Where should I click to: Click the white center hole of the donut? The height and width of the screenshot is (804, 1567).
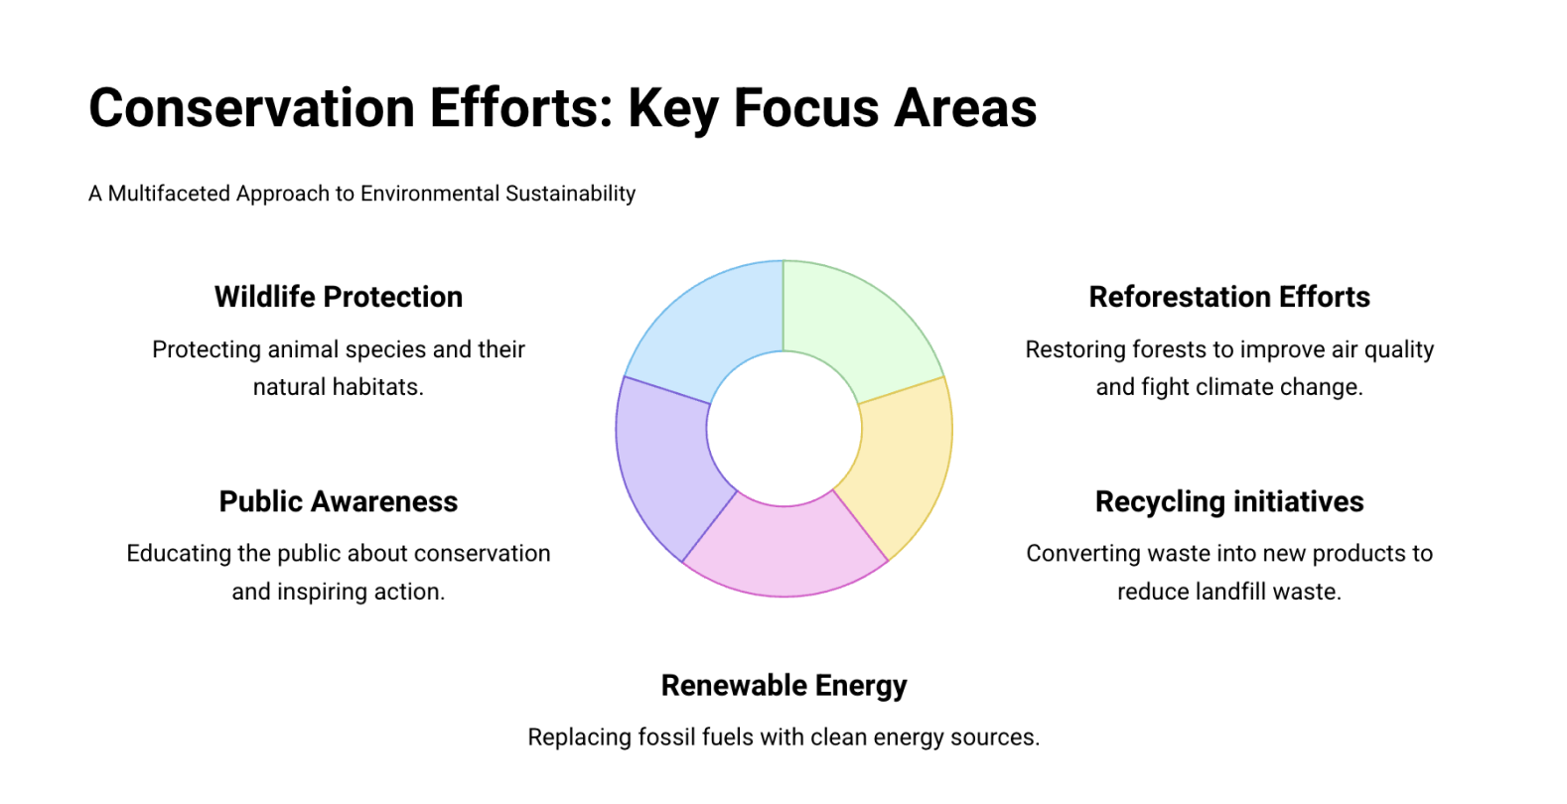pyautogui.click(x=784, y=429)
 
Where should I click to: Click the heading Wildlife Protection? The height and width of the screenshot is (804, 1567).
pyautogui.click(x=339, y=297)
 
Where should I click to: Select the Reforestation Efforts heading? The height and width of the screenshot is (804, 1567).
pyautogui.click(x=1229, y=297)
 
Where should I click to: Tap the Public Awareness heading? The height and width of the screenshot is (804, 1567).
pyautogui.click(x=339, y=501)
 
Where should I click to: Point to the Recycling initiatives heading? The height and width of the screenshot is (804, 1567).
pyautogui.click(x=1229, y=501)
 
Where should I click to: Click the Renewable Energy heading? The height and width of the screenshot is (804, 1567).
pyautogui.click(x=784, y=685)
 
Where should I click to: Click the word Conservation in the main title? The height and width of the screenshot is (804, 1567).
pyautogui.click(x=252, y=108)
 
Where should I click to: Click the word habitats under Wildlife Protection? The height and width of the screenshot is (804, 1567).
pyautogui.click(x=377, y=387)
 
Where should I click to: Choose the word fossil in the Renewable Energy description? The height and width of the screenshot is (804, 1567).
pyautogui.click(x=666, y=737)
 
